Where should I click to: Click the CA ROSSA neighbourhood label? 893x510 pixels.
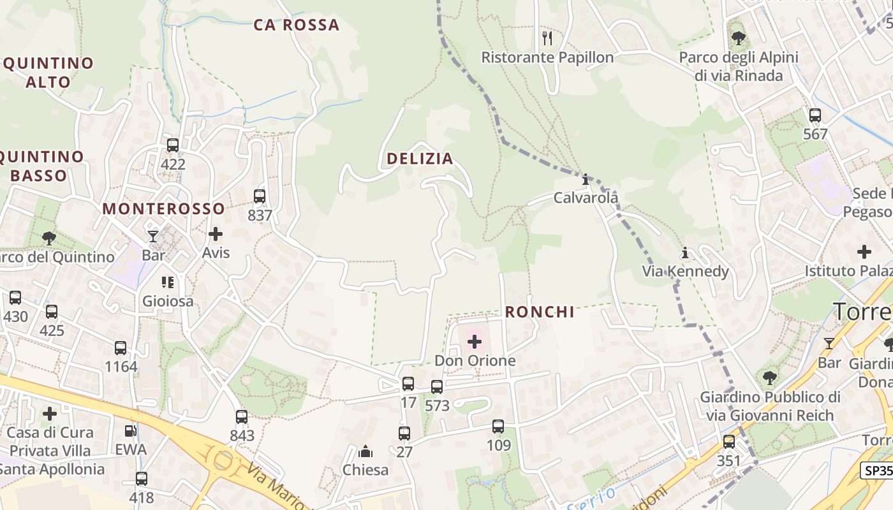[x=297, y=25]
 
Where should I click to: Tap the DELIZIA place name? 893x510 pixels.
[x=420, y=159]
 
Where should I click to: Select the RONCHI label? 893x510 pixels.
[x=540, y=312]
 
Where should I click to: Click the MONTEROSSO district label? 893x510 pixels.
[x=164, y=208]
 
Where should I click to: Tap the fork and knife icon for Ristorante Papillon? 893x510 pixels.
[x=547, y=38]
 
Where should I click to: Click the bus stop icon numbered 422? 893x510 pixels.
[x=173, y=145]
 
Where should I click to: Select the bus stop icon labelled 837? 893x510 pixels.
[x=260, y=196]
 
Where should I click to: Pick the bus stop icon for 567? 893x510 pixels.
[x=815, y=115]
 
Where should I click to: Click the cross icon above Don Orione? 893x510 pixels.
[x=475, y=342]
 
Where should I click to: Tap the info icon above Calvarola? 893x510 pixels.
[x=586, y=179]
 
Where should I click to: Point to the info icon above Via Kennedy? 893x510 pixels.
[x=685, y=253]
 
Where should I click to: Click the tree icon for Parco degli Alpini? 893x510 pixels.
[x=739, y=38]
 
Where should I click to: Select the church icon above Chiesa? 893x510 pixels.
[x=365, y=451]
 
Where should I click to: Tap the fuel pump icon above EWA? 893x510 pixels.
[x=131, y=431]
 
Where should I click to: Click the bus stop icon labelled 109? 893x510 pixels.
[x=498, y=426]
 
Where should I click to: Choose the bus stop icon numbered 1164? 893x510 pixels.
[x=121, y=348]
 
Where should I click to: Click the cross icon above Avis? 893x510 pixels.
[x=216, y=234]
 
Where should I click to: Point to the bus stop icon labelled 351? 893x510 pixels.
[x=729, y=442]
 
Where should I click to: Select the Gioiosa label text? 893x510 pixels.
[x=168, y=301]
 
